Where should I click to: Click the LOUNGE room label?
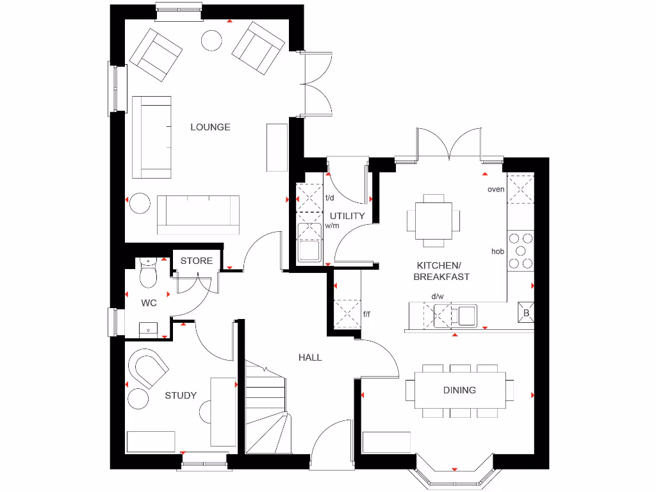point(210,127)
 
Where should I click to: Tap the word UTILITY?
point(347,216)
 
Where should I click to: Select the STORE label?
point(196,261)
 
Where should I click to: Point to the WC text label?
point(149,302)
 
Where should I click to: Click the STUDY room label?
point(181,395)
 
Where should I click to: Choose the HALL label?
point(310,357)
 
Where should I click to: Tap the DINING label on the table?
point(459,389)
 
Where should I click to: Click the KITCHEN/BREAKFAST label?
point(443,271)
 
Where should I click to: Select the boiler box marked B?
point(526,313)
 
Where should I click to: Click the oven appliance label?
point(496,189)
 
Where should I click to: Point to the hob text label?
point(498,251)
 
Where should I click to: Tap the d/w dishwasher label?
point(438,297)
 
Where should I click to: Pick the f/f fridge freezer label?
point(367,314)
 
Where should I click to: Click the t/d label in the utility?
point(331,197)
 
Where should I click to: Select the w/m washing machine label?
point(332,225)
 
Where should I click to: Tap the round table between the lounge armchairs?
point(212,40)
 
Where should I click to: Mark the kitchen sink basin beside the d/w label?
point(466,315)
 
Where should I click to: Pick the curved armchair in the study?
point(149,369)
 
